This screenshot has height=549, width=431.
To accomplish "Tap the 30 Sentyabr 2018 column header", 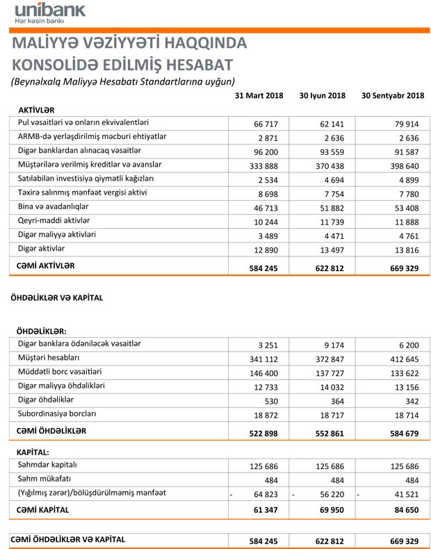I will click(393, 95).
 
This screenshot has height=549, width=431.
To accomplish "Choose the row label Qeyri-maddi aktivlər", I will click(54, 220).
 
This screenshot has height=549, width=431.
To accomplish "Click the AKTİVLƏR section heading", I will click(37, 110).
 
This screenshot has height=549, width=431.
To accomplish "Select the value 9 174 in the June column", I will click(332, 345).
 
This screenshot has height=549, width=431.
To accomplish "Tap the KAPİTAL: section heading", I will click(35, 452).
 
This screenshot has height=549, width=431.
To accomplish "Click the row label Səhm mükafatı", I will click(47, 479).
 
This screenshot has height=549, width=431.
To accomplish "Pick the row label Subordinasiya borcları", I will click(57, 413).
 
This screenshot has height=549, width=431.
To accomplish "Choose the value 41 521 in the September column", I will click(402, 494).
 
